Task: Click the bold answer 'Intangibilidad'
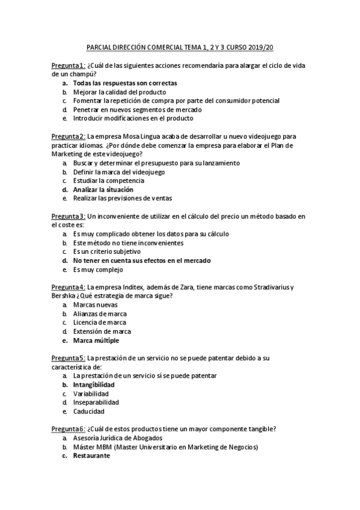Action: [94, 384]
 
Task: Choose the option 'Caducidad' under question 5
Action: [89, 411]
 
